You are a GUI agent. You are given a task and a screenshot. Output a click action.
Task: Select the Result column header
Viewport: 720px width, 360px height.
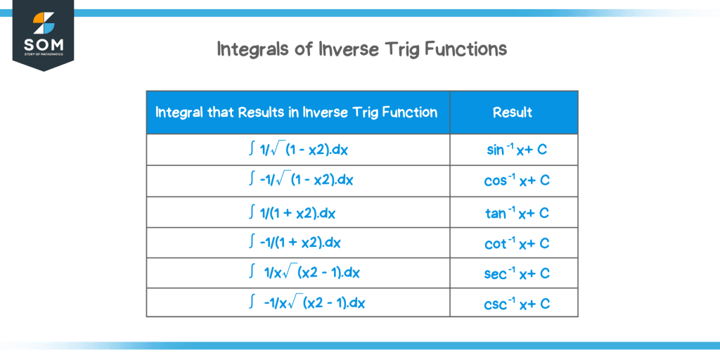point(513,112)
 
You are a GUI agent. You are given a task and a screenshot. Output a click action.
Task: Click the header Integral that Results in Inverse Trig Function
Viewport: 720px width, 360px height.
point(296,112)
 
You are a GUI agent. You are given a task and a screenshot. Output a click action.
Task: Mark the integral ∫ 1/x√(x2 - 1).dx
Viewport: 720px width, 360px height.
point(304,273)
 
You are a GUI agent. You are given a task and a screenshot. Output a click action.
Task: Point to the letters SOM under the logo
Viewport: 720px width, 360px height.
point(43,46)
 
